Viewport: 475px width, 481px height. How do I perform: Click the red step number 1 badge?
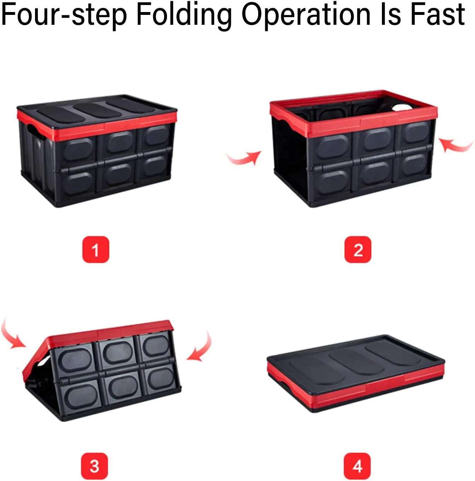coord(96,249)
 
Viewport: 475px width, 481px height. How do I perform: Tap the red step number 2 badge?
coord(358,249)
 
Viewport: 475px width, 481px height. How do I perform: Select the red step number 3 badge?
coord(94,466)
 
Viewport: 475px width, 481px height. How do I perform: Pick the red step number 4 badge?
coord(357,466)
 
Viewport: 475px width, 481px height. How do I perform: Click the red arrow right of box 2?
coord(455,147)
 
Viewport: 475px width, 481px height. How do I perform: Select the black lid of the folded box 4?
coord(355,360)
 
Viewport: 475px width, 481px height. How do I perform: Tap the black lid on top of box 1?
coord(97,109)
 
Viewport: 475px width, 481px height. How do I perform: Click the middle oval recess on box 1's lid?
coord(97,110)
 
